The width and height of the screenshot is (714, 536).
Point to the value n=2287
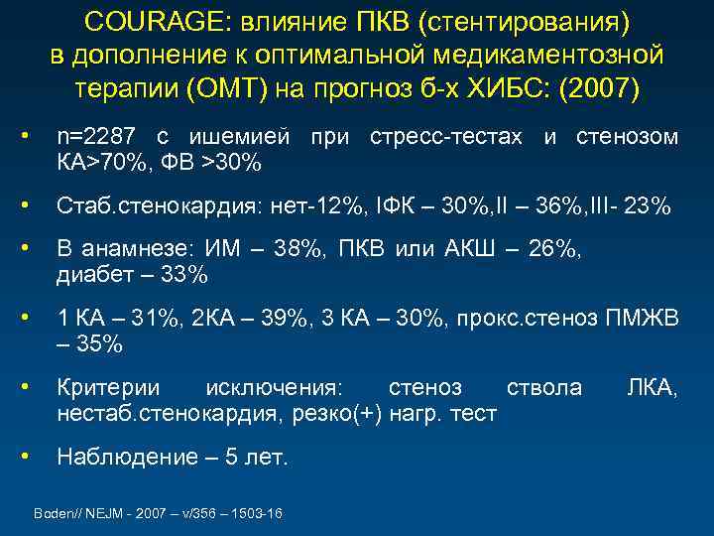pos(97,136)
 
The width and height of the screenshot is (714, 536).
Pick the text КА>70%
pos(97,161)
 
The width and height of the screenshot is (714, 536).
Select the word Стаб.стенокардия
pos(154,207)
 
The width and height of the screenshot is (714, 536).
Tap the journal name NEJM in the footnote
pos(98,513)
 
